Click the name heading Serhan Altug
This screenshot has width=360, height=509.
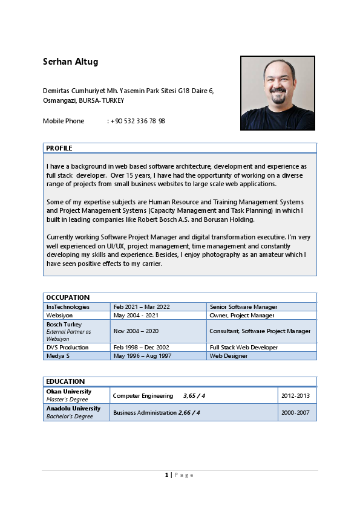pos(70,62)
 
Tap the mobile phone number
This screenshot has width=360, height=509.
pos(138,121)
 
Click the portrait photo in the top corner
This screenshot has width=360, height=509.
pos(278,93)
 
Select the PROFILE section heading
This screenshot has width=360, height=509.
pos(59,148)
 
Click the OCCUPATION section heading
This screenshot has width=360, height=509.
pos(68,297)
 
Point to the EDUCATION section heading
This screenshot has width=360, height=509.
pos(65,381)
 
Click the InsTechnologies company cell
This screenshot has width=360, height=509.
pos(68,307)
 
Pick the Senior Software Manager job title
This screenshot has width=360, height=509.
pos(243,307)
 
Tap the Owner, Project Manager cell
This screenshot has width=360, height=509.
pos(241,316)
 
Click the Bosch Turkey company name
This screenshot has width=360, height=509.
pos(64,325)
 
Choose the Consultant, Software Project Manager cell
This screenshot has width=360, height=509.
pos(260,331)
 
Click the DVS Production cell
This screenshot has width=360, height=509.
pos(67,348)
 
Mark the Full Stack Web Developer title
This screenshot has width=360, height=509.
pos(243,348)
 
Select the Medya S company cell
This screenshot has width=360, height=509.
pos(58,356)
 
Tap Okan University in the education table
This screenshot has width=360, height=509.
pos(69,392)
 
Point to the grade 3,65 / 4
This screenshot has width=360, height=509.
pos(194,395)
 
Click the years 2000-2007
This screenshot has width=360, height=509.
pos(296,412)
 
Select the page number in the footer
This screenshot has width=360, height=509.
pos(167,475)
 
